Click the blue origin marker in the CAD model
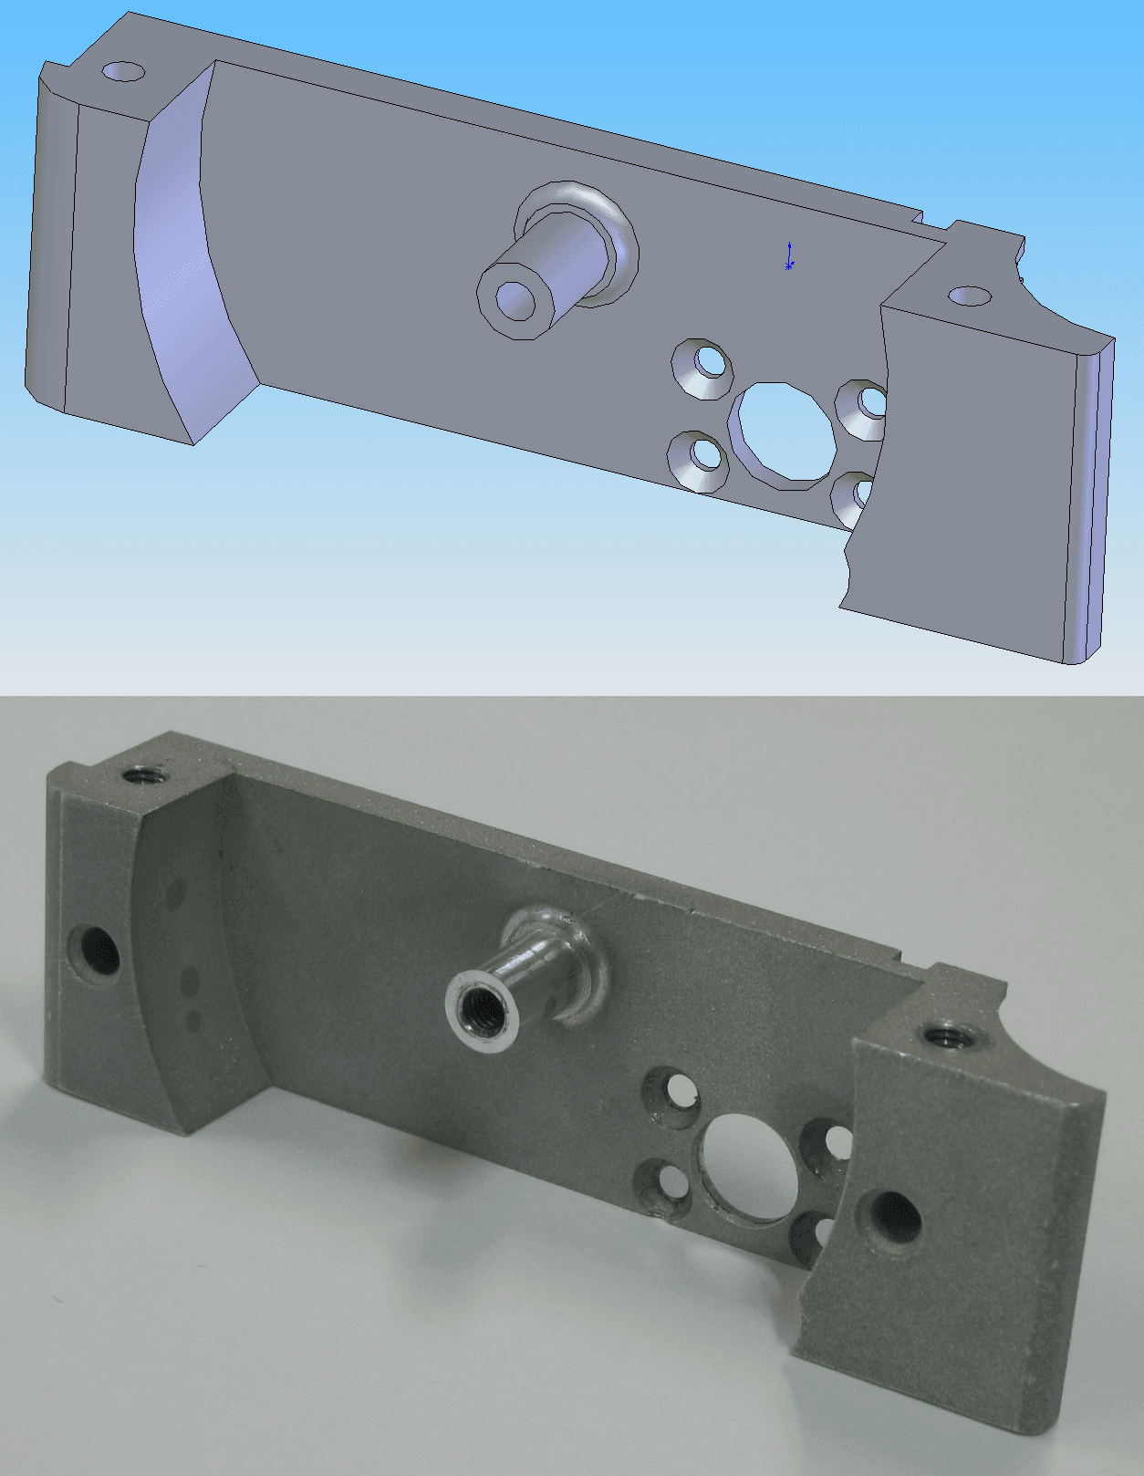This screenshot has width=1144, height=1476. [789, 258]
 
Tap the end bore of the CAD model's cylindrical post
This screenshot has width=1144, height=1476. [515, 300]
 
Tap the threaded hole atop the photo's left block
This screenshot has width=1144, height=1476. [144, 776]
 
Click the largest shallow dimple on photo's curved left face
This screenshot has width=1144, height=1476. [191, 982]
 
